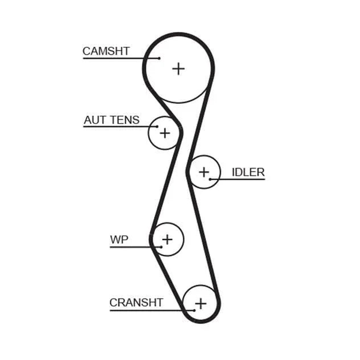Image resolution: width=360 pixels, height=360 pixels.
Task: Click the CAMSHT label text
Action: click(106, 51)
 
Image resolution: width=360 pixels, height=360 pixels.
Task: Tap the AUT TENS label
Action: click(112, 120)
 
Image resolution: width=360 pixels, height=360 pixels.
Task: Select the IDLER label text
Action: click(248, 172)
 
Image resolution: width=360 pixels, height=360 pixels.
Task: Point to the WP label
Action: click(119, 239)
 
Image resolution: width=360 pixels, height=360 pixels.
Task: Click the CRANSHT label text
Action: click(136, 302)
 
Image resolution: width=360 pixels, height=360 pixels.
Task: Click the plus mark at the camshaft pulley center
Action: click(178, 68)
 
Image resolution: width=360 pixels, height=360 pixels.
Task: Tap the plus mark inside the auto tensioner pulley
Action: click(164, 133)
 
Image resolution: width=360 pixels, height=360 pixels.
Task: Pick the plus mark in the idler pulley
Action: click(204, 172)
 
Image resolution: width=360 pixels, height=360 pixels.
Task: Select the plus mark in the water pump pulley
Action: click(167, 239)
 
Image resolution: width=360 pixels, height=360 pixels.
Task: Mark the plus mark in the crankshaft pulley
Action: click(200, 304)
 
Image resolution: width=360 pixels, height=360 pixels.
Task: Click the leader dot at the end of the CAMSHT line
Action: click(159, 58)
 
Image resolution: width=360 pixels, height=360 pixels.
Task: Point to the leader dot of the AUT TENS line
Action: click(157, 127)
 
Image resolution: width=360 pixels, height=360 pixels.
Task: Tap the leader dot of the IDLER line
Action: click(210, 179)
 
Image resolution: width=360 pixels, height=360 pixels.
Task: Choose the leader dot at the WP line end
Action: click(161, 247)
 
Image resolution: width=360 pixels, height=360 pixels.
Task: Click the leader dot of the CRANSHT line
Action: click(194, 310)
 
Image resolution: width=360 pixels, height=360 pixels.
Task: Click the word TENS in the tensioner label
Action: click(125, 120)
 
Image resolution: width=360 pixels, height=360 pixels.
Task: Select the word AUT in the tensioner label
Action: click(95, 120)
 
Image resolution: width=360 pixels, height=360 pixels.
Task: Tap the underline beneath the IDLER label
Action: click(238, 179)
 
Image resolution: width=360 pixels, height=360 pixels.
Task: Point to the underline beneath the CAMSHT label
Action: click(121, 58)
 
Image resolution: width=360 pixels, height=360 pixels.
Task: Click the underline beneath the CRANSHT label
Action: click(152, 310)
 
